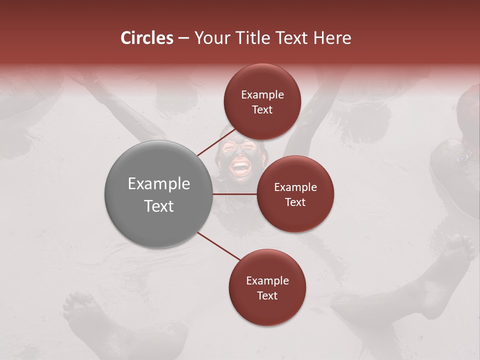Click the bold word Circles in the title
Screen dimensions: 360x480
point(146,38)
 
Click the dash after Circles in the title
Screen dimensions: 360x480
point(183,38)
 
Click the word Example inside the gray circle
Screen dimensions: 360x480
point(159,184)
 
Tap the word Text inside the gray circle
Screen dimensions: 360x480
point(159,206)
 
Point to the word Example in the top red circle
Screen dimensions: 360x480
point(262,95)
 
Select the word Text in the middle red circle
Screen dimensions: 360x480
point(295,202)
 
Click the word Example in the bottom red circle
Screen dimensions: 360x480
point(267,280)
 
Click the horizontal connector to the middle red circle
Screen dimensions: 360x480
point(234,194)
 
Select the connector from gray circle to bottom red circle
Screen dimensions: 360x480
point(219,246)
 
